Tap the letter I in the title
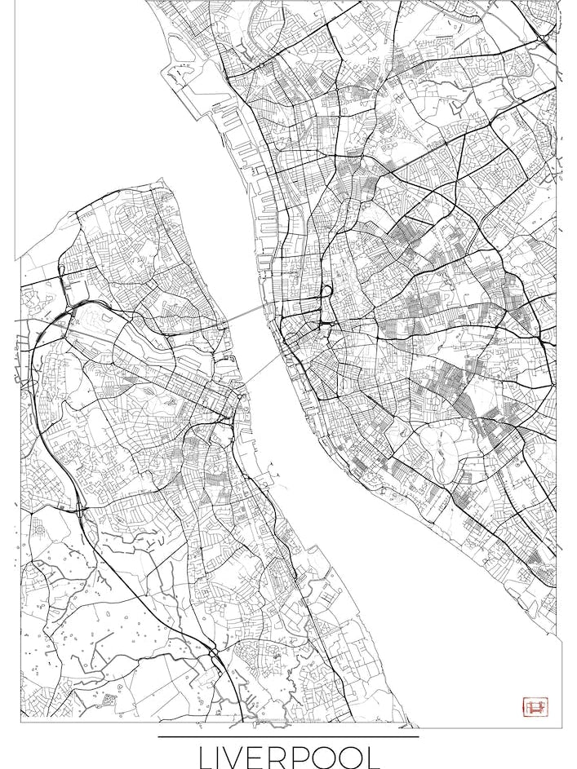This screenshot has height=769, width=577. pos(230,756)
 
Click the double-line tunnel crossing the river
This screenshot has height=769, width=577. pos(245,314)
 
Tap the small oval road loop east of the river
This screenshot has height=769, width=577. pos(326,291)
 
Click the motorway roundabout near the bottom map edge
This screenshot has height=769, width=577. pos(213,652)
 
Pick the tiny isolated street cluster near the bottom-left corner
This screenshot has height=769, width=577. pos(109,700)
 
